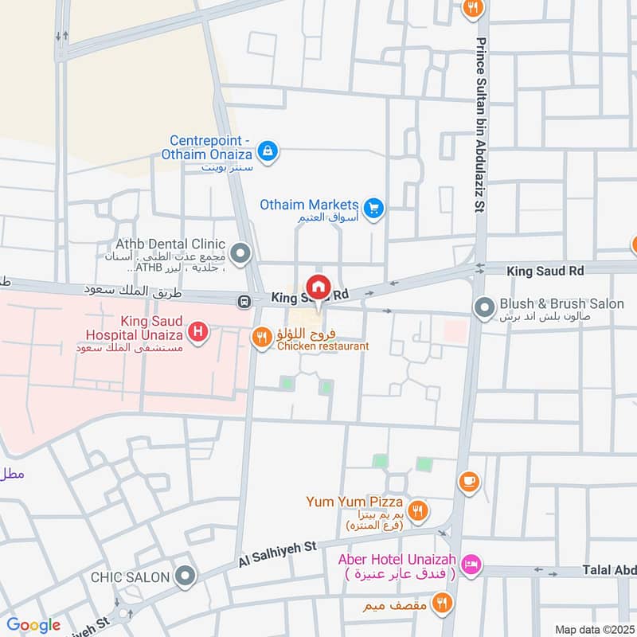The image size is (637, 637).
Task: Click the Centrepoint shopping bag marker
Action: click(x=268, y=150)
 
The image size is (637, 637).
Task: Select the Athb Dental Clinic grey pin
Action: click(x=242, y=255)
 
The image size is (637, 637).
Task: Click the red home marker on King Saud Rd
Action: click(x=318, y=287)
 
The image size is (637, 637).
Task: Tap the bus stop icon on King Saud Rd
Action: click(x=244, y=302)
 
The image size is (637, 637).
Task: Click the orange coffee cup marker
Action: click(x=468, y=481)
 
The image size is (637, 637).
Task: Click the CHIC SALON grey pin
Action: click(x=186, y=576)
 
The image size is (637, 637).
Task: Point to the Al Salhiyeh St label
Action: click(x=276, y=555)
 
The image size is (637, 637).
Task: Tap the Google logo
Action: click(x=33, y=625)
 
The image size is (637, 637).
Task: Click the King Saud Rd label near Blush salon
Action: click(x=546, y=271)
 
